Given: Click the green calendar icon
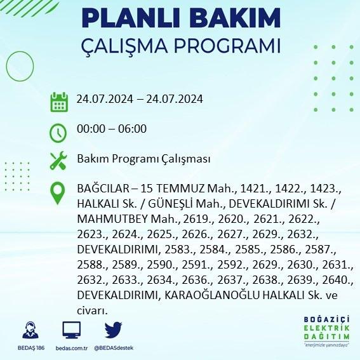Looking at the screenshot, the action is coord(59,102).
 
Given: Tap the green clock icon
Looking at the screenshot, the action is coord(58,133).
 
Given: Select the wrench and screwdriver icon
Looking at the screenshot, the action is coord(58,161).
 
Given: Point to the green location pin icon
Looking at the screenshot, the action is coord(58,193).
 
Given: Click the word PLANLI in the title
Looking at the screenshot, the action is coord(130,18).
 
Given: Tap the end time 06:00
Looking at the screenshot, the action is coord(132,128).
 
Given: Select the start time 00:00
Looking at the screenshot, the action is coord(91,128).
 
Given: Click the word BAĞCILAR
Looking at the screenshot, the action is coord(103,189).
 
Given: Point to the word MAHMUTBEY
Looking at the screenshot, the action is coord(112,219).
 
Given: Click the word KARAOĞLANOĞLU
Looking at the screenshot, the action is coord(212,295).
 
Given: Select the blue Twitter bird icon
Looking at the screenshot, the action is coord(113,330).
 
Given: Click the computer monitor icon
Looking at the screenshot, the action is coord(72,330).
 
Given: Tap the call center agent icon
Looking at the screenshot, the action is coord(30,330).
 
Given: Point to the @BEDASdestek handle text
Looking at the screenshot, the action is coord(114,348).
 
